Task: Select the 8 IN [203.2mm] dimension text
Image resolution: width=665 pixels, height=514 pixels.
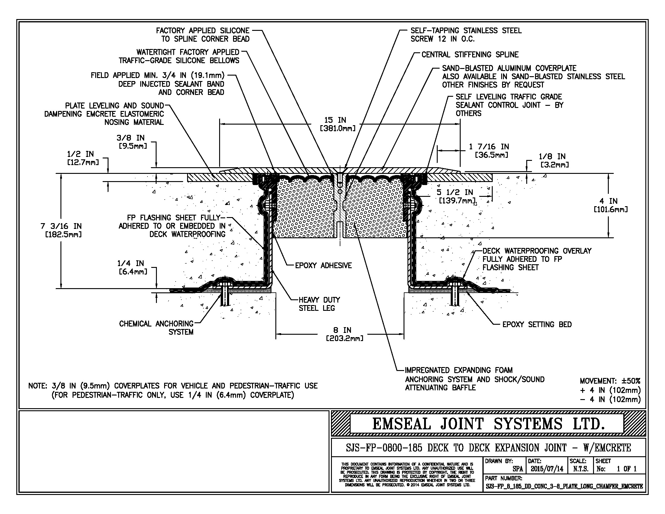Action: (x=345, y=334)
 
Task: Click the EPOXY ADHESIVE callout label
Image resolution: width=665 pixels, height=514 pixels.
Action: (x=323, y=265)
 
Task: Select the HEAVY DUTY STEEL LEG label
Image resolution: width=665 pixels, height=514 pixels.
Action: (x=319, y=304)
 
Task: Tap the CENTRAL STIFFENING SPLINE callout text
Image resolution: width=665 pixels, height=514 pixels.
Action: (x=470, y=55)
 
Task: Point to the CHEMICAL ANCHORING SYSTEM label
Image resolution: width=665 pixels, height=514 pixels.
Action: (x=156, y=328)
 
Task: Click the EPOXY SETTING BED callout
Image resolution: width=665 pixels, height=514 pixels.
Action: (x=537, y=325)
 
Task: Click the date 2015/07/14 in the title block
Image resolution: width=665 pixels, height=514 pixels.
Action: (x=547, y=469)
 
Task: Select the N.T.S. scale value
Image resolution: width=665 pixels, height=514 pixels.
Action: (x=581, y=469)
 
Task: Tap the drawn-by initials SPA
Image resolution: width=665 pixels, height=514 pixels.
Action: (x=517, y=469)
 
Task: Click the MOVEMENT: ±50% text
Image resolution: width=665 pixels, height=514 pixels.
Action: (x=610, y=381)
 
